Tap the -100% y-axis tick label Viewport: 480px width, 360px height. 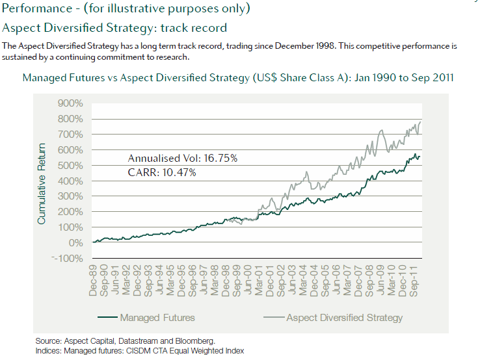70,258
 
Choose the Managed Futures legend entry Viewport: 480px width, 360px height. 157,318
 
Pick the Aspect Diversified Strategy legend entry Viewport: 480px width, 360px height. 345,318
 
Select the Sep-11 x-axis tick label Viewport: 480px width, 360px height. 420,281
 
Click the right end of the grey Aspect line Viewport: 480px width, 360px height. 421,122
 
